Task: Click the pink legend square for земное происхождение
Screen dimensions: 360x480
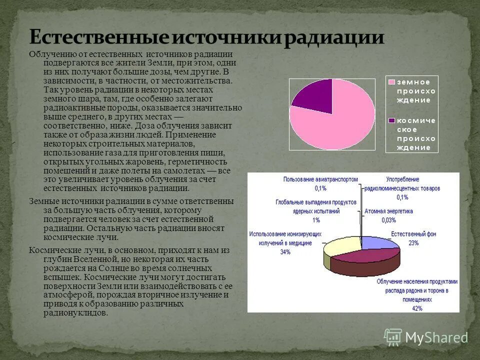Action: point(392,82)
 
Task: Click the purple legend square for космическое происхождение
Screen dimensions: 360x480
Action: point(392,120)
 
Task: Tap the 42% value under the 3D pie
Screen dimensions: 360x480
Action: point(417,308)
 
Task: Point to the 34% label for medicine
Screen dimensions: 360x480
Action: point(285,252)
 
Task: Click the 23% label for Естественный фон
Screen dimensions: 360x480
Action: point(413,243)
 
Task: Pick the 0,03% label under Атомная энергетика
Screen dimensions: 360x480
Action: point(388,220)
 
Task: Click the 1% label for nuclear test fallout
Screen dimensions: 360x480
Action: point(316,220)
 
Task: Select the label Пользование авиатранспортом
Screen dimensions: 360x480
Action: point(320,179)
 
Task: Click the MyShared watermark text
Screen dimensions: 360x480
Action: point(436,337)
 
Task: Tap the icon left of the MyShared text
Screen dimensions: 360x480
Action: point(393,337)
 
